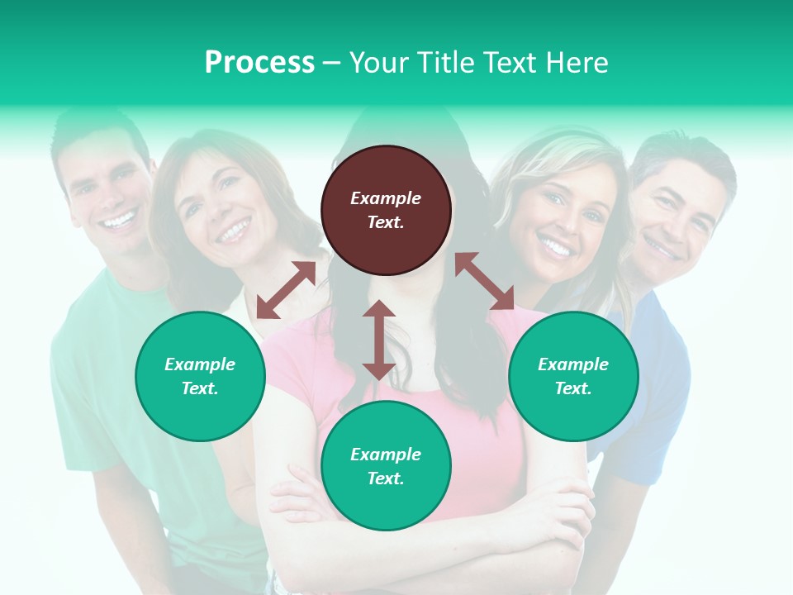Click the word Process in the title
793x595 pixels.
coord(259,63)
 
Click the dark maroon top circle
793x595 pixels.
coord(386,210)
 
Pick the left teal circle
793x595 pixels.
coord(200,376)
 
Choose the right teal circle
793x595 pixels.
coord(573,376)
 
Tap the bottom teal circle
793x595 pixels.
coord(386,466)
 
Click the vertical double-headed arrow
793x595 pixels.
coord(379,340)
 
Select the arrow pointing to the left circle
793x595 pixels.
coord(286,290)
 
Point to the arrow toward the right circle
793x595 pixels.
coord(484,282)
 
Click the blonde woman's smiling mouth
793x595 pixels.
coord(555,245)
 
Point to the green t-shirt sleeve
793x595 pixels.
coord(78,364)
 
